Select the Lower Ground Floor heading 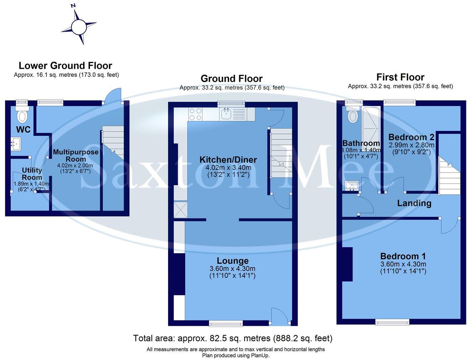[x=65, y=66]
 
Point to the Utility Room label [x=32, y=174]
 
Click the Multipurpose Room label [x=76, y=155]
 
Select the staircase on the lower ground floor [x=113, y=142]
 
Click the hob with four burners [x=195, y=114]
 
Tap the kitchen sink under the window [x=226, y=114]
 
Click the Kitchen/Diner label [x=228, y=160]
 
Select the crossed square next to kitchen [x=181, y=210]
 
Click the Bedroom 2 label [x=411, y=137]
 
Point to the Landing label [x=414, y=203]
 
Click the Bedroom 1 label [x=403, y=256]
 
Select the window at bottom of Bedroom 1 [x=392, y=322]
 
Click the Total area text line [x=233, y=338]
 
